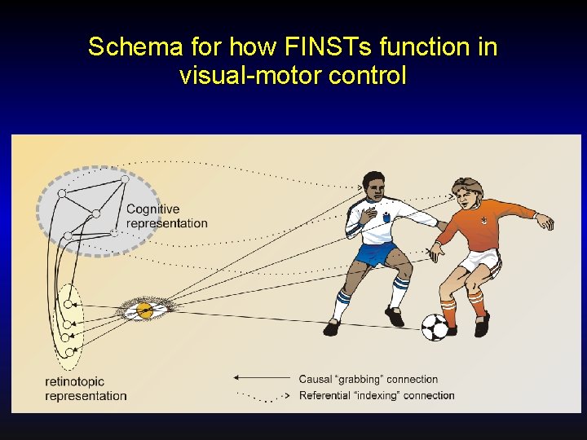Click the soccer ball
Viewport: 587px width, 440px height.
(x=435, y=327)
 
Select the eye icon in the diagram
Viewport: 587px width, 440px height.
(x=144, y=310)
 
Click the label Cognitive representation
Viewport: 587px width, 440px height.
(x=166, y=217)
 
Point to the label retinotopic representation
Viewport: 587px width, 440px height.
(x=86, y=389)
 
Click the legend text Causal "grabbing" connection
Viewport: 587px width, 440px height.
(x=368, y=379)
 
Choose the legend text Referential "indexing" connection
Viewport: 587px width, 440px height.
(x=376, y=395)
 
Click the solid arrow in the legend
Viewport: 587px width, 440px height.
(x=261, y=378)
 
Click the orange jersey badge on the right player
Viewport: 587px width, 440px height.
(x=483, y=219)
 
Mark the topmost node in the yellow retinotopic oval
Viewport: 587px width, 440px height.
(x=67, y=304)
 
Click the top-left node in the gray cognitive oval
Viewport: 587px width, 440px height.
(x=62, y=193)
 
